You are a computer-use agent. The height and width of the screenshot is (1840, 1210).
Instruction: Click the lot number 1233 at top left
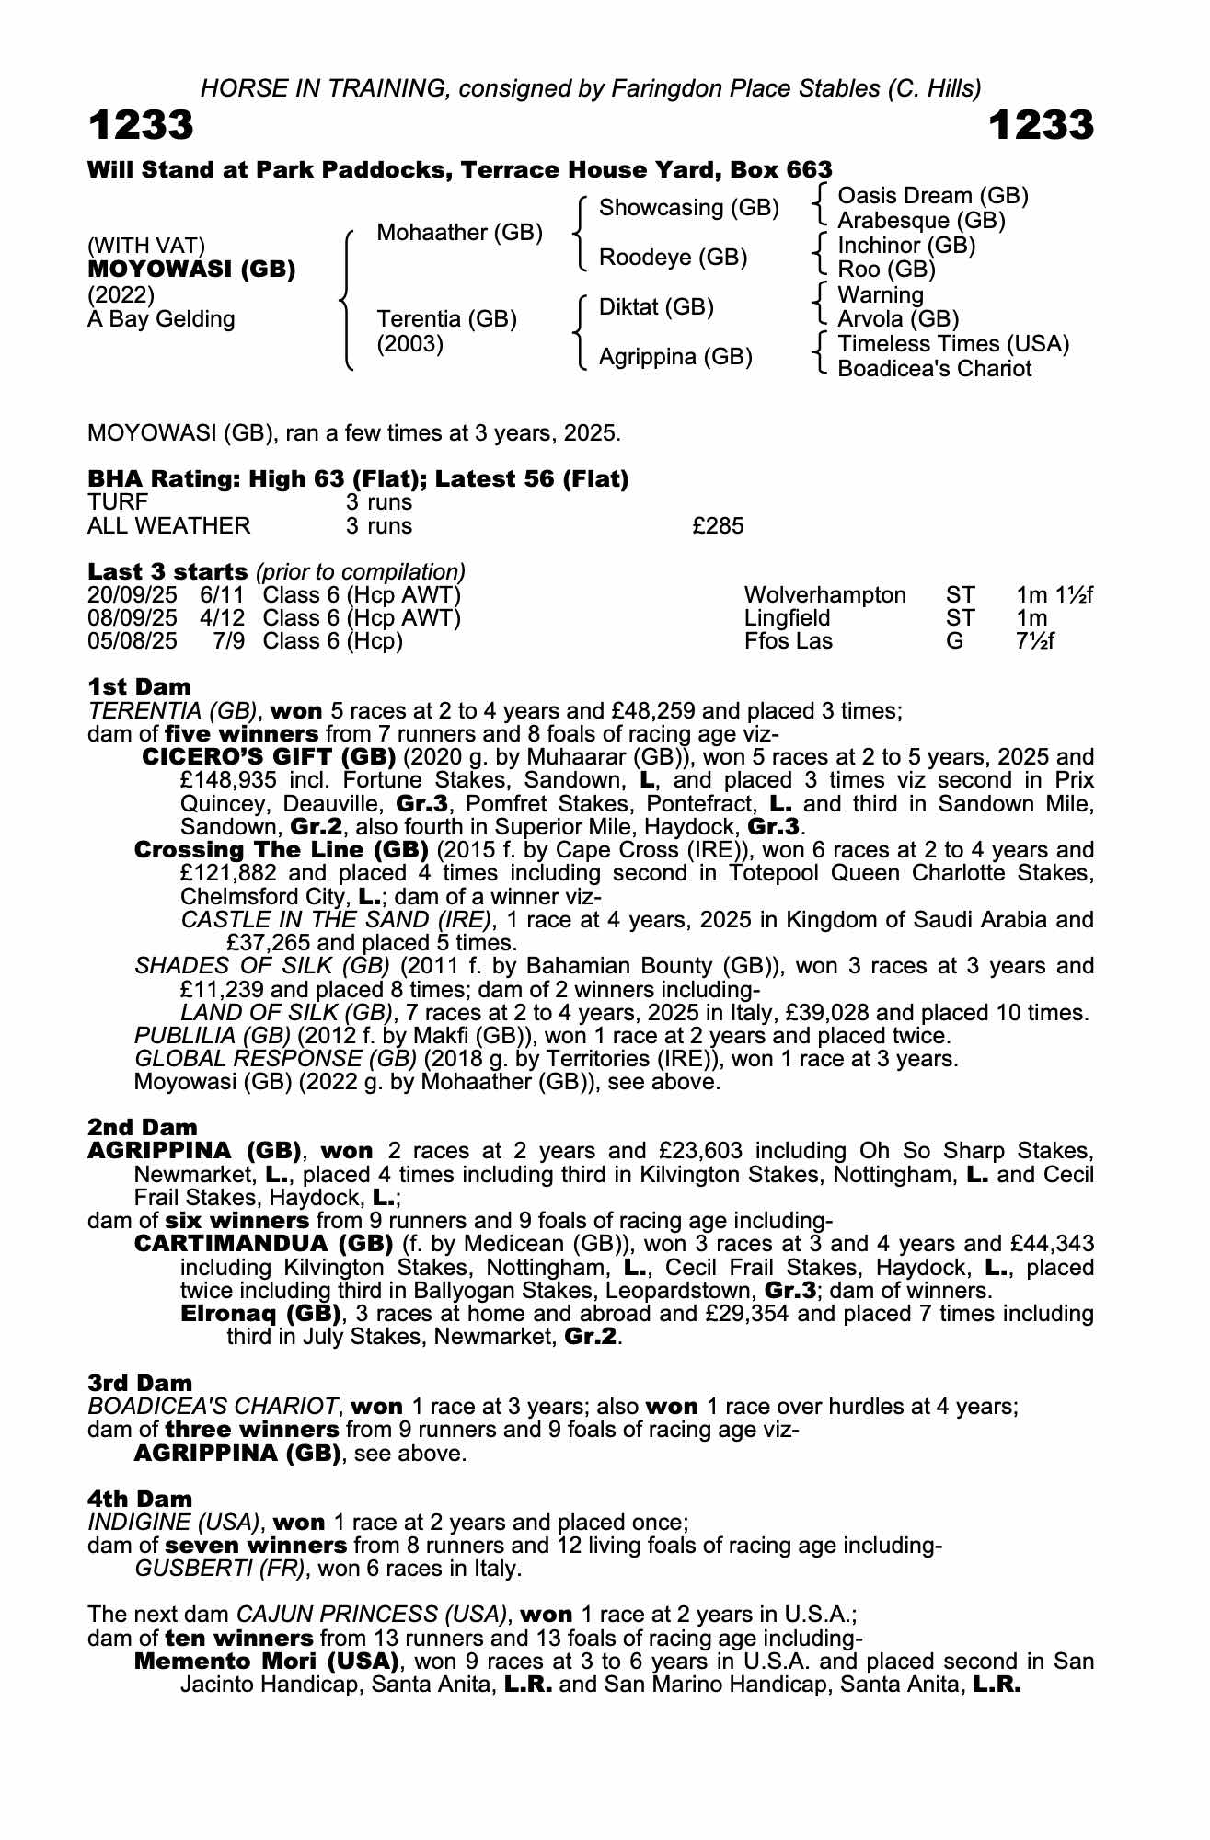(141, 126)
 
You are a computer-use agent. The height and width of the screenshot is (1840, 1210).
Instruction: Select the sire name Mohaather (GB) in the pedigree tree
(459, 233)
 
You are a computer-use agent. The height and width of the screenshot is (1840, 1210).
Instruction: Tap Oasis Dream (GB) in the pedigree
(932, 196)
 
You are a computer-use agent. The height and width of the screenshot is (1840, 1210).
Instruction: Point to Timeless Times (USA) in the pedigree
(953, 344)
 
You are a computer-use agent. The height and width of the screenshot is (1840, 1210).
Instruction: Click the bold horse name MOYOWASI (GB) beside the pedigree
(191, 270)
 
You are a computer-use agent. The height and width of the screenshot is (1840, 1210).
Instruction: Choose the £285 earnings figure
(718, 526)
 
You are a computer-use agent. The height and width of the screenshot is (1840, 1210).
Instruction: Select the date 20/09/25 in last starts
(133, 595)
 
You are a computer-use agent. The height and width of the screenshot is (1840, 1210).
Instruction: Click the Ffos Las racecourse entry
(788, 641)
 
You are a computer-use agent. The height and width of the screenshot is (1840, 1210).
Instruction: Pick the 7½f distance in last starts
(1035, 641)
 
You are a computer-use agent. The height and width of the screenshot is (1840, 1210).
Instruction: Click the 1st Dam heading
(139, 686)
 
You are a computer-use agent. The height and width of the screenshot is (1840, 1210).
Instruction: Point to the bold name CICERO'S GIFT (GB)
(269, 757)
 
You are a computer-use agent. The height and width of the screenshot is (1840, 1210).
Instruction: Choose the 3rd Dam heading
(140, 1383)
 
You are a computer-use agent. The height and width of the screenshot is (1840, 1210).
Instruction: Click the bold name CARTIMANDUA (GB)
(264, 1244)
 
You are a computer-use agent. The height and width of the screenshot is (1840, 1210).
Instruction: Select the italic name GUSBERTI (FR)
(220, 1569)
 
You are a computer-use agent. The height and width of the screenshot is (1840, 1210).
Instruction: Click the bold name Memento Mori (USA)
(267, 1662)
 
